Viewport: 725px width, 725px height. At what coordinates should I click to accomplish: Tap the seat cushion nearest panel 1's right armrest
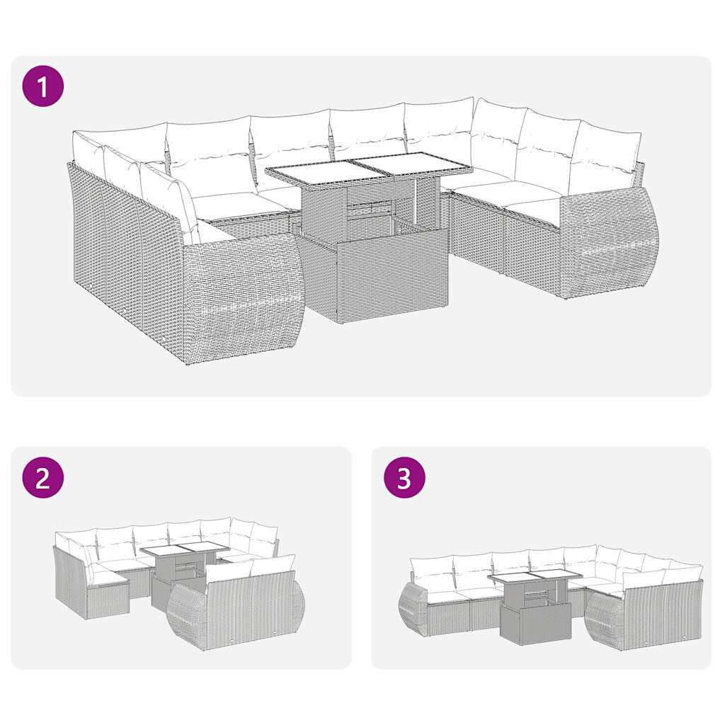[534, 208]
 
